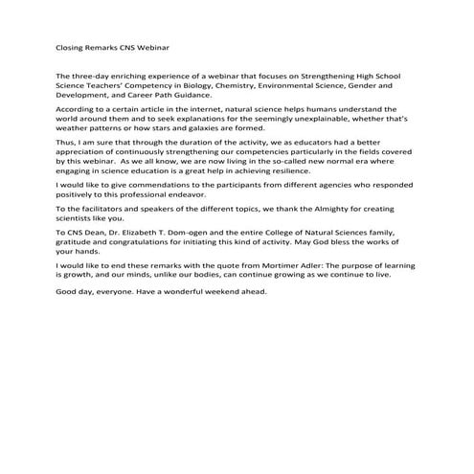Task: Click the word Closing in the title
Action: [x=70, y=46]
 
